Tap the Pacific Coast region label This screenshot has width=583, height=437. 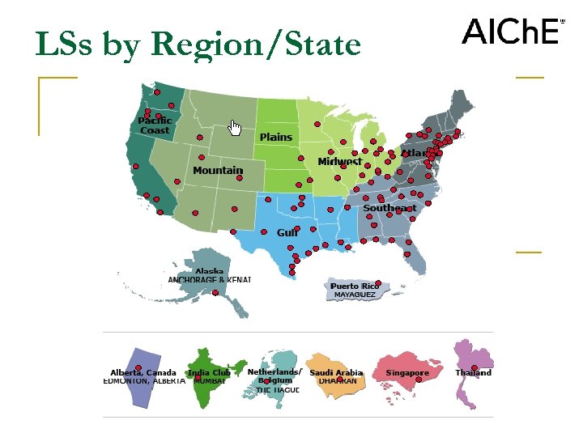pyautogui.click(x=155, y=125)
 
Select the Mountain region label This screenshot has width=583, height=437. pyautogui.click(x=218, y=171)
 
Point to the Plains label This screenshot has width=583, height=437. pyautogui.click(x=276, y=138)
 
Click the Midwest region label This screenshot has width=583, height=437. pyautogui.click(x=340, y=162)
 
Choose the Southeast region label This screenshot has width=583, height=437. pyautogui.click(x=389, y=208)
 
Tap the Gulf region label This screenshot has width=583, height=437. pyautogui.click(x=287, y=233)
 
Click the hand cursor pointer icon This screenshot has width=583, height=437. pyautogui.click(x=235, y=128)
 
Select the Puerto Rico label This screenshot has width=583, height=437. pyautogui.click(x=355, y=286)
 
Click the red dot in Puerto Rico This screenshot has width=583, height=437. pyautogui.click(x=378, y=283)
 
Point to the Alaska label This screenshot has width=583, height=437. pyautogui.click(x=209, y=272)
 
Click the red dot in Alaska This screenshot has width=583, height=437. pyautogui.click(x=215, y=292)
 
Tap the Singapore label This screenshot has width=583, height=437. pyautogui.click(x=407, y=373)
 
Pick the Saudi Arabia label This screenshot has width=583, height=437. pyautogui.click(x=336, y=373)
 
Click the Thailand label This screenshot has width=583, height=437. pyautogui.click(x=473, y=373)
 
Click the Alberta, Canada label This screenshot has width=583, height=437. pyautogui.click(x=143, y=373)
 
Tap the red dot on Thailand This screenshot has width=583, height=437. pyautogui.click(x=474, y=367)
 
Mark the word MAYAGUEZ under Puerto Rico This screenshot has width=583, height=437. pyautogui.click(x=355, y=295)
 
